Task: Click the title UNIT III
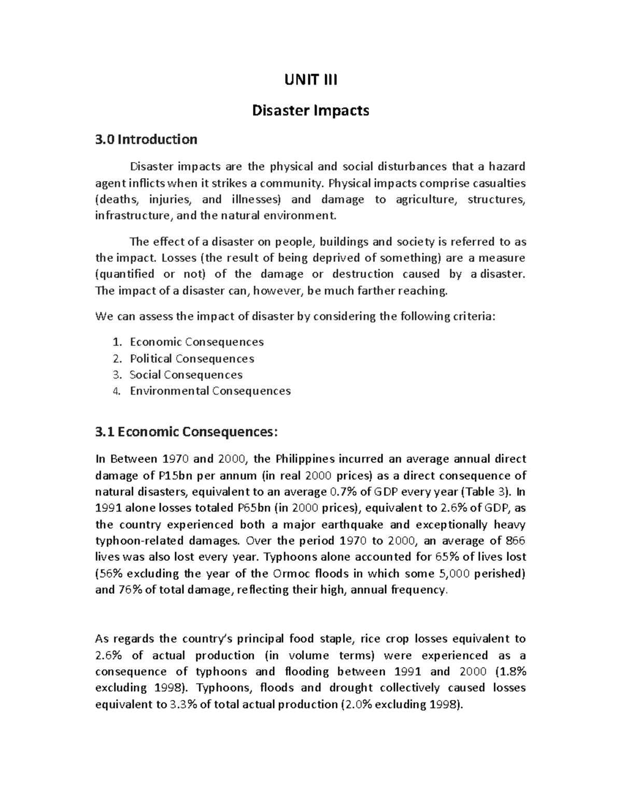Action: (310, 80)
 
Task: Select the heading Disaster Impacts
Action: (310, 111)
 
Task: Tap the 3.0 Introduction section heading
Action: (147, 140)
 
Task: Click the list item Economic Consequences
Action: (196, 342)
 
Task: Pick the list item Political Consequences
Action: (192, 359)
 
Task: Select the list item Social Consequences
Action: (186, 375)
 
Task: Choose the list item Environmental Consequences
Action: (210, 391)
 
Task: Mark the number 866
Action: (515, 541)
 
